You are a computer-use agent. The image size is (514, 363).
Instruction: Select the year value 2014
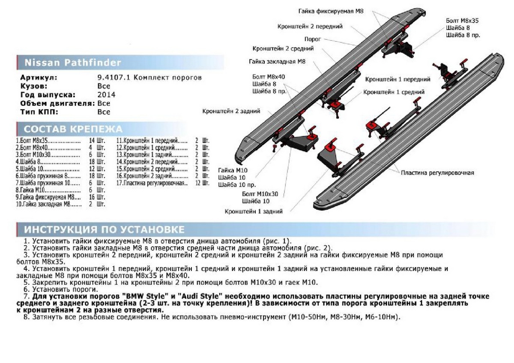106,95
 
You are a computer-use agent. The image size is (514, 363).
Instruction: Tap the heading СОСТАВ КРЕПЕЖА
73,129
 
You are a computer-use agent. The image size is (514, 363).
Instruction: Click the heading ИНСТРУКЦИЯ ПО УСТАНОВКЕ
105,229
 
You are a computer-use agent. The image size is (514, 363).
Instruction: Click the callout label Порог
313,39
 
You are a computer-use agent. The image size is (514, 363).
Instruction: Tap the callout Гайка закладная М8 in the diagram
277,62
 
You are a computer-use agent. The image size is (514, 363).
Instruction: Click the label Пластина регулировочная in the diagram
437,173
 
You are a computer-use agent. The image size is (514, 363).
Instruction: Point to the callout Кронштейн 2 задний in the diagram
231,111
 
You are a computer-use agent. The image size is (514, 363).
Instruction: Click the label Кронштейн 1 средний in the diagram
394,92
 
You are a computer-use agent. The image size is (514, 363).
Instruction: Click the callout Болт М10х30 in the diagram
260,194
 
